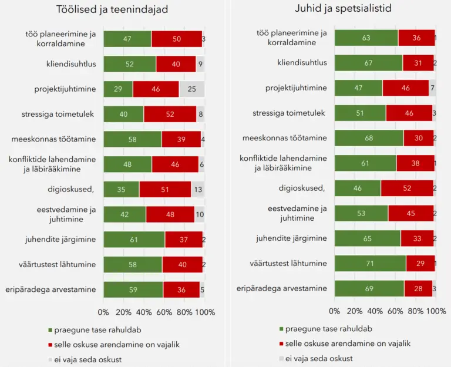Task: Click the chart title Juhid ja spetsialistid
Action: [343, 9]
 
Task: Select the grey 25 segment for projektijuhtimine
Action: [191, 89]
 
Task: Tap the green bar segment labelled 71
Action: [370, 264]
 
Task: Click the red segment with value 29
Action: [420, 264]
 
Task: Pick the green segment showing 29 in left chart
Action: [118, 89]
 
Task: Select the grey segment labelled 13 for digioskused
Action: [198, 189]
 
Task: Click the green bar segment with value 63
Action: [366, 38]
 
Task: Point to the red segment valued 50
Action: [177, 38]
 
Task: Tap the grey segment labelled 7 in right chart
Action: [432, 88]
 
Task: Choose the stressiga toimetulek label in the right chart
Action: [290, 113]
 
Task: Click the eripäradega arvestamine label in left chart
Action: [56, 289]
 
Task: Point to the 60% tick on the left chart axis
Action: [164, 312]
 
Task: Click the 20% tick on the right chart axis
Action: [355, 312]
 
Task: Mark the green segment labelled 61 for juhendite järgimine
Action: [134, 239]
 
